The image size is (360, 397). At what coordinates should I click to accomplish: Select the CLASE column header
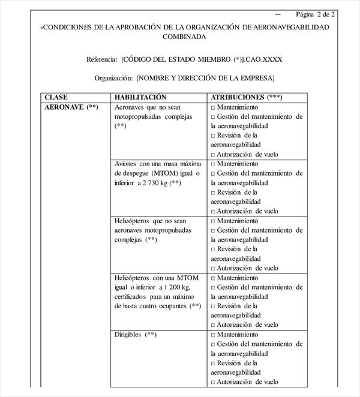click(x=56, y=97)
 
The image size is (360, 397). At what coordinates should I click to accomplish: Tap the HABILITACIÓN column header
click(x=140, y=97)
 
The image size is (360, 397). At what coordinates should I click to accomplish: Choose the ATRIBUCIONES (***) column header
click(x=247, y=97)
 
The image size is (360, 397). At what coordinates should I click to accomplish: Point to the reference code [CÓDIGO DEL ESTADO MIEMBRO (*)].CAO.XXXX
click(x=202, y=59)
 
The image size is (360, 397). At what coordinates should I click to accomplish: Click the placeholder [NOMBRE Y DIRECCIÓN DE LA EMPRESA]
click(x=206, y=78)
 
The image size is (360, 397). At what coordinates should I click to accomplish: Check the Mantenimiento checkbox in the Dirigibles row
click(x=213, y=335)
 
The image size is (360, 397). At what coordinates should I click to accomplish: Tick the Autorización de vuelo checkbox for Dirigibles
click(x=213, y=382)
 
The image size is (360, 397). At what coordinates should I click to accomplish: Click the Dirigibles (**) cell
click(x=136, y=335)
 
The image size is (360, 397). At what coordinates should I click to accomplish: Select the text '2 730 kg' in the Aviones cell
click(x=153, y=182)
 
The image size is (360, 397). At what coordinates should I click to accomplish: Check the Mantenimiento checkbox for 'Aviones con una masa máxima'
click(x=213, y=164)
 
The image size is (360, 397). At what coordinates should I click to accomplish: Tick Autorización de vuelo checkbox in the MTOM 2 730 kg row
click(x=213, y=211)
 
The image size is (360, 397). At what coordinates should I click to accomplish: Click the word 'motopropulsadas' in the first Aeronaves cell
click(x=138, y=116)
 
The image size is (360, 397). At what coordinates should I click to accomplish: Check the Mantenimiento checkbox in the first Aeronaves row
click(x=213, y=107)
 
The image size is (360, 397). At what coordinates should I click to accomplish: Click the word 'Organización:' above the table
click(x=113, y=78)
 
